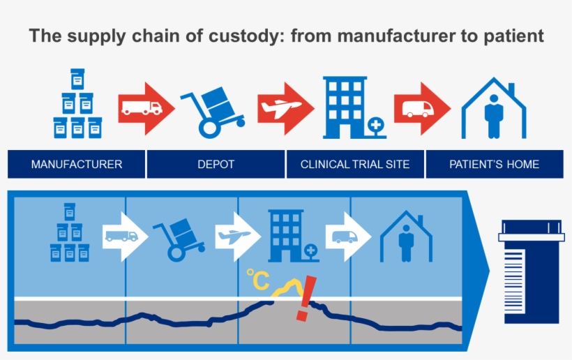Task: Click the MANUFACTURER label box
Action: click(76, 165)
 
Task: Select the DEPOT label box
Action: click(216, 165)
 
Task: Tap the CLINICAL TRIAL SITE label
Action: click(354, 165)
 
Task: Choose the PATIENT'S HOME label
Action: click(494, 165)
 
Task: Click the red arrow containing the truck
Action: click(142, 107)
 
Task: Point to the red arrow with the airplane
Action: click(283, 107)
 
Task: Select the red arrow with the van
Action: click(419, 107)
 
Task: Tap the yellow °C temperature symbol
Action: click(257, 280)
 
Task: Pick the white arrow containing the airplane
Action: click(236, 237)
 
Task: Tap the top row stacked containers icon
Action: click(77, 105)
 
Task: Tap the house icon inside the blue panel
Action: click(406, 237)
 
